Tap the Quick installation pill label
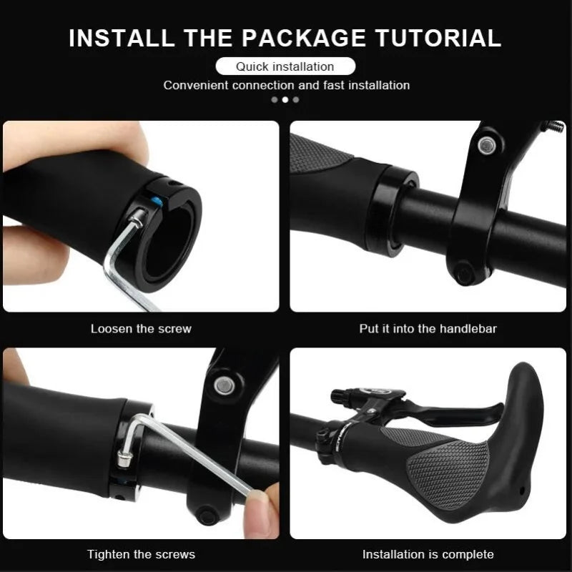[x=285, y=66]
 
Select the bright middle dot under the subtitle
[x=285, y=99]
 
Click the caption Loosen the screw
[x=141, y=329]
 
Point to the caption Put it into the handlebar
[x=428, y=329]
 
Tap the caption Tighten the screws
[x=141, y=554]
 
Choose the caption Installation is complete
[x=428, y=554]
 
